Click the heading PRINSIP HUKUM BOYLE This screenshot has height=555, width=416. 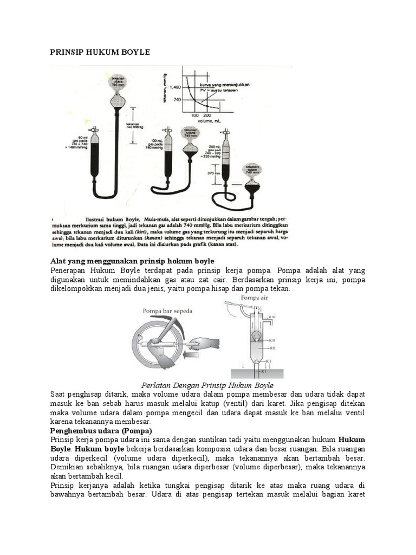100,52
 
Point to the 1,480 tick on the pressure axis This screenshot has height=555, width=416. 174,87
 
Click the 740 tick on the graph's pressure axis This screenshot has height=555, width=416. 177,100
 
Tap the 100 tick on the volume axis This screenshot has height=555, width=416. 196,116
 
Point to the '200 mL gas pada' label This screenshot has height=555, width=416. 214,147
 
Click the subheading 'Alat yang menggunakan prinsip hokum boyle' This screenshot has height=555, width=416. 132,261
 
